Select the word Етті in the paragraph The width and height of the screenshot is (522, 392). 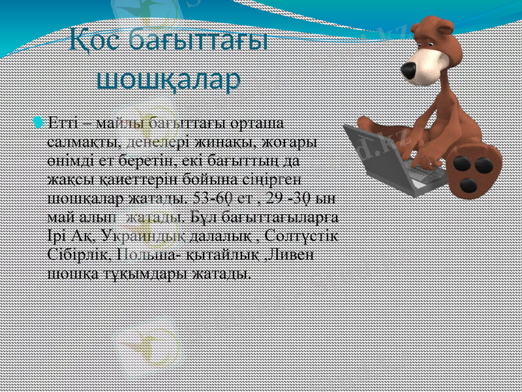point(64,123)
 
